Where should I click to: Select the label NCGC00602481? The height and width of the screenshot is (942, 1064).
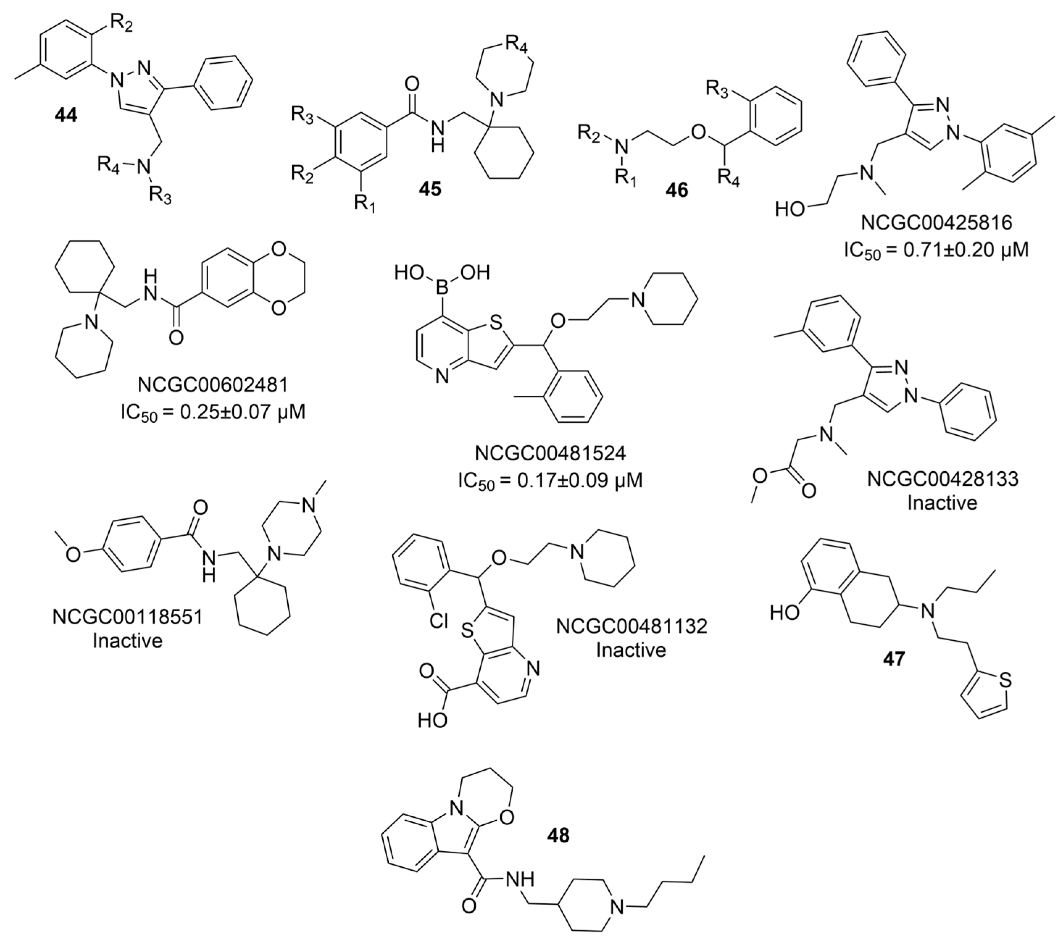pos(213,385)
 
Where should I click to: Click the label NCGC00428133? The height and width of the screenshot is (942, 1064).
pos(942,479)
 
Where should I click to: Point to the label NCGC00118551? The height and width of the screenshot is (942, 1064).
pos(127,617)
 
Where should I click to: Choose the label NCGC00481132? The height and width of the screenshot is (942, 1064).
pos(631,626)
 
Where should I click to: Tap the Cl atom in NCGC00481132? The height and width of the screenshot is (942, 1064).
pos(439,620)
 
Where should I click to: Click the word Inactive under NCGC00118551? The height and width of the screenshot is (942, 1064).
pos(127,641)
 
